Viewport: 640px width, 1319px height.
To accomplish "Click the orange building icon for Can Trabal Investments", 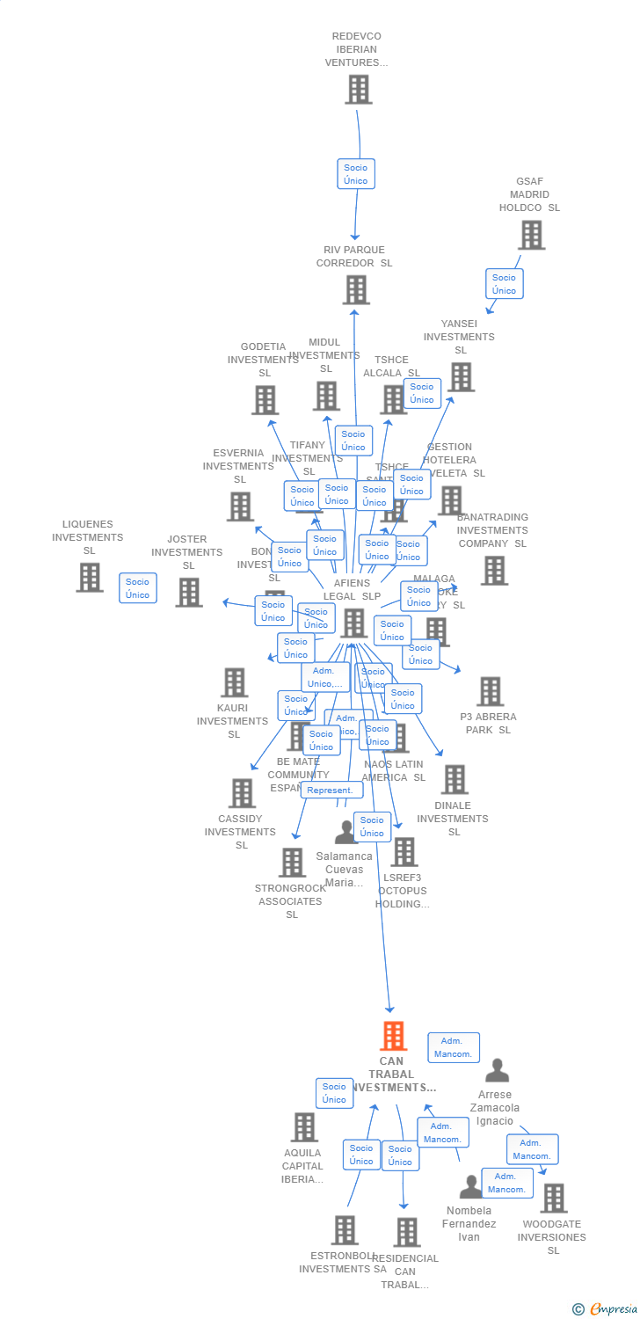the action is (x=393, y=1036).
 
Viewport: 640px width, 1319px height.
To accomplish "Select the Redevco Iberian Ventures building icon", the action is (x=358, y=89).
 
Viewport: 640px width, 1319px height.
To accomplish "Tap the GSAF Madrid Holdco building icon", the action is (x=531, y=235).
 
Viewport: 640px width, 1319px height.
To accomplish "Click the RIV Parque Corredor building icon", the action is (x=356, y=289).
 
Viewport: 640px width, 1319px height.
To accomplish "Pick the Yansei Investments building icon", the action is (x=461, y=376).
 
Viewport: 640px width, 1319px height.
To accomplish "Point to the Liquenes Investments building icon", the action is (x=89, y=577).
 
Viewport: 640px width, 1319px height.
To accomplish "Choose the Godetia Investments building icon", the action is (x=265, y=399).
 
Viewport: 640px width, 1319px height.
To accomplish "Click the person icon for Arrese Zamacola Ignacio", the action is (x=498, y=1070).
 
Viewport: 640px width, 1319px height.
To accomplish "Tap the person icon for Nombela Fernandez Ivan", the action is (x=470, y=1187).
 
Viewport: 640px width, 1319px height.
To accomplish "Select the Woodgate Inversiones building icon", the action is (x=553, y=1198).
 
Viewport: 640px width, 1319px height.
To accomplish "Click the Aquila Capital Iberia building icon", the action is (x=304, y=1126).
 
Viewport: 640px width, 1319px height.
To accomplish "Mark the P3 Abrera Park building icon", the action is (x=490, y=691).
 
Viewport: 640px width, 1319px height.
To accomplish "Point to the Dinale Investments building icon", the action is (x=454, y=779).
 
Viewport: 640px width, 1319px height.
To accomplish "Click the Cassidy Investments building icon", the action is (x=241, y=792).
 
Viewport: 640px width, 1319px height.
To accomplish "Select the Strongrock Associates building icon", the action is (x=292, y=862).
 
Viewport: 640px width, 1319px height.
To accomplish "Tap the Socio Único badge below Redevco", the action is (x=356, y=174).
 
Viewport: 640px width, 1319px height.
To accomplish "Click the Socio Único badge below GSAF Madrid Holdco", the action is (x=505, y=284).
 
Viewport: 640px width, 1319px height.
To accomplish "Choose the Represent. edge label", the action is (x=331, y=790).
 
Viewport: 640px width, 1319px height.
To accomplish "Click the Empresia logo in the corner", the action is (x=607, y=1309).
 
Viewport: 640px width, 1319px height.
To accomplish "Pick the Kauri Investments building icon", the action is (x=234, y=681).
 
